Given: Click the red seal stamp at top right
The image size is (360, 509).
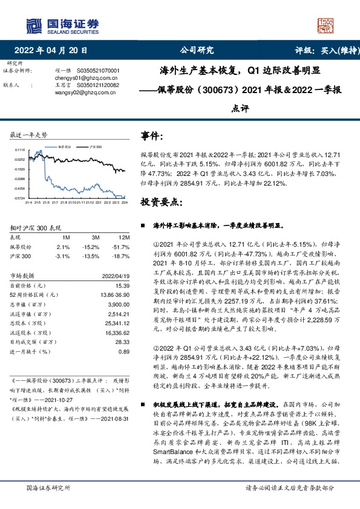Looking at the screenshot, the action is [325, 24].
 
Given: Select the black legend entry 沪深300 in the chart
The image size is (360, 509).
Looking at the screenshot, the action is [94, 147].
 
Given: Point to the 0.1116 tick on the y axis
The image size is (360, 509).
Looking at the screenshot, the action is [19, 150].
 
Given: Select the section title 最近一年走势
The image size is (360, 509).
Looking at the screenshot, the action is [29, 134].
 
